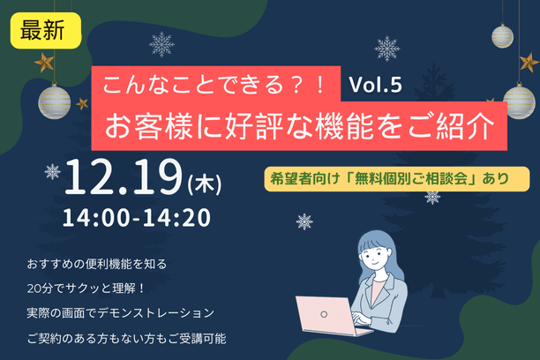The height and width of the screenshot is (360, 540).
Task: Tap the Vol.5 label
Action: [x=376, y=85]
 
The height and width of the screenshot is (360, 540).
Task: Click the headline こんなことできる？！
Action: [x=216, y=86]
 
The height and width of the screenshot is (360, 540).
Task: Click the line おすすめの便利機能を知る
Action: [x=97, y=263]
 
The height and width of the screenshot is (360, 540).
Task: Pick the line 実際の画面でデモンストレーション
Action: [x=120, y=312]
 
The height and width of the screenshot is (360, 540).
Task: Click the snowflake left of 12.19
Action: [x=53, y=171]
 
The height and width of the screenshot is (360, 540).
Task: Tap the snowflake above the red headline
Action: [x=161, y=44]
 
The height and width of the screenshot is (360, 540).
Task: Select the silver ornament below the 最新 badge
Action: [x=56, y=101]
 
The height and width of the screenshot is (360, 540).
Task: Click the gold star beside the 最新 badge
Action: [x=41, y=62]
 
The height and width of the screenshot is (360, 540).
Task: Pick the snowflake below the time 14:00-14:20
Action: [x=304, y=221]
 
